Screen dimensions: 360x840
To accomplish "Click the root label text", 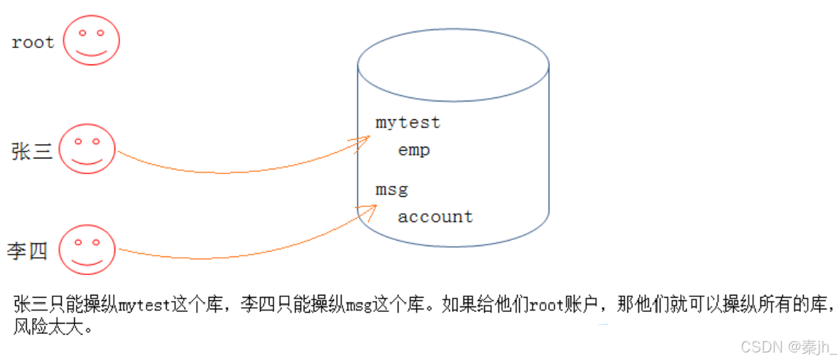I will point(33,43).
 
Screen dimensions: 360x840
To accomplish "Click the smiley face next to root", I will point(91,41).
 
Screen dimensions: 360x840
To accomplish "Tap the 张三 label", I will point(32,152).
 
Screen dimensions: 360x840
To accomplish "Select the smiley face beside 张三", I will point(87,152).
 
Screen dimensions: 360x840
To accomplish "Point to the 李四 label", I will point(27,251).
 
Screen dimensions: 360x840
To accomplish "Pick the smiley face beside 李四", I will point(87,251).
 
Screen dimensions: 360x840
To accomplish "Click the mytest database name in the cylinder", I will point(408,123).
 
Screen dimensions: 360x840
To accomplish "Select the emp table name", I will point(414,150).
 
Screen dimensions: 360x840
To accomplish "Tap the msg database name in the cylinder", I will point(392,189).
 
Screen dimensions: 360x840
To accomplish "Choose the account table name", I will point(435,217).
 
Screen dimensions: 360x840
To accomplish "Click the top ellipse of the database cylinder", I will point(453,65).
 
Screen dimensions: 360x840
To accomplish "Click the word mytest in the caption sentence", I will point(143,305).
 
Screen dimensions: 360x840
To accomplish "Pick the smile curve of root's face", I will point(91,52).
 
